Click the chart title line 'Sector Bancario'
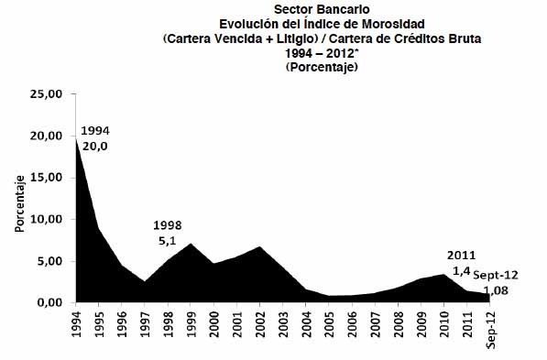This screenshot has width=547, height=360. pos(322,9)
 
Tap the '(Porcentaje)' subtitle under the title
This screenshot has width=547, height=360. pos(322,67)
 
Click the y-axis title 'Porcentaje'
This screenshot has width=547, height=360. pos(20,203)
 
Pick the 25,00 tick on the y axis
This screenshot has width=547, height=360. pos(46,94)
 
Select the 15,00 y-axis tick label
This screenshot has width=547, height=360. pos(46,178)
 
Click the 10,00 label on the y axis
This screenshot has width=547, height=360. pos(46,220)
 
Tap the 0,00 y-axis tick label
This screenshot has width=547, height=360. pos(49,302)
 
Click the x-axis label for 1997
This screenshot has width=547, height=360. pos(145,324)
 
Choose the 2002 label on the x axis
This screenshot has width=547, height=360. pos(260,324)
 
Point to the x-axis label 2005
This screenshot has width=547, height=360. pos(329,324)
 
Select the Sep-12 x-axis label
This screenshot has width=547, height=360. pos(490,329)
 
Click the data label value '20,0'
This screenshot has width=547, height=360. pos(95,147)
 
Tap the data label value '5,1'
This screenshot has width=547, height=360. pos(168,241)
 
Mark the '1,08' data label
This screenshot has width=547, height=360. pos(496,290)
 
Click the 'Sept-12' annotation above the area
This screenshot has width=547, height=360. pos(496,276)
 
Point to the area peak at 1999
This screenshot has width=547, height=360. pos(191,244)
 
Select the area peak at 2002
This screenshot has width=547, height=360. pos(260,247)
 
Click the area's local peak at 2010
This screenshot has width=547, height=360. pos(444,275)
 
